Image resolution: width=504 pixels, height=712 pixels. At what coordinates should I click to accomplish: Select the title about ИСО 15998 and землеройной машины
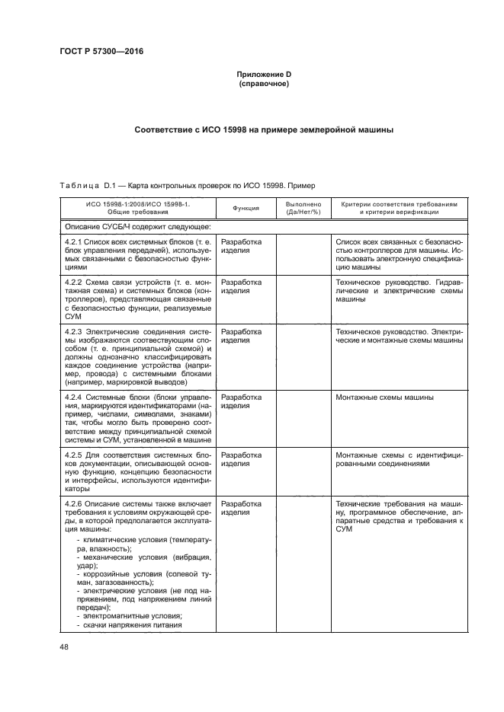coord(263,129)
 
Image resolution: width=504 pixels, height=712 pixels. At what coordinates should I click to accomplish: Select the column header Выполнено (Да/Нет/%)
coord(303,208)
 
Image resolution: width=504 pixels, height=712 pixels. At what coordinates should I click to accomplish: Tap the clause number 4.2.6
coord(72,504)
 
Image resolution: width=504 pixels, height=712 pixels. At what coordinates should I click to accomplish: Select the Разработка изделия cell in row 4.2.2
coord(241,286)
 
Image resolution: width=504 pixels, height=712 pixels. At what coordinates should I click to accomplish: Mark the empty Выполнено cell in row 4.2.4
coord(303,419)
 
